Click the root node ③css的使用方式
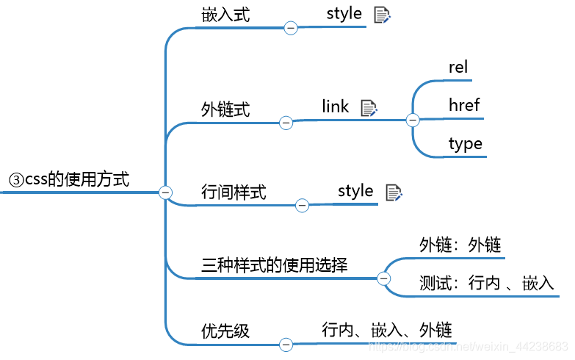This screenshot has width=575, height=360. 68,179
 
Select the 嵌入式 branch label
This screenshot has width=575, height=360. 225,15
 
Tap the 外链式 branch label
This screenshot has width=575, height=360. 225,109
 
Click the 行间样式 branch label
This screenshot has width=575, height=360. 234,192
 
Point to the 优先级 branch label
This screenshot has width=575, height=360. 225,331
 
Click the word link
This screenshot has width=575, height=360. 336,107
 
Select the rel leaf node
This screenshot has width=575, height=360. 458,67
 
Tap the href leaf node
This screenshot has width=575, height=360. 464,105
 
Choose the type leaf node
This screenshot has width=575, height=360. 466,143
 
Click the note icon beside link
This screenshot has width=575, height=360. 369,108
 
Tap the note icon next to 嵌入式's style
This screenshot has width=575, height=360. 382,15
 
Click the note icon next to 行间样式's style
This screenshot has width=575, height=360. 394,192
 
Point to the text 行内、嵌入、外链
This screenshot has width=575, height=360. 386,330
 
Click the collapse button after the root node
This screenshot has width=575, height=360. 165,192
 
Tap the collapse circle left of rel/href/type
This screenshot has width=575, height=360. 412,119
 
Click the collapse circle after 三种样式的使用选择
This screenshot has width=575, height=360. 383,278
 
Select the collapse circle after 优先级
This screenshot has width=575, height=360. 286,344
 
